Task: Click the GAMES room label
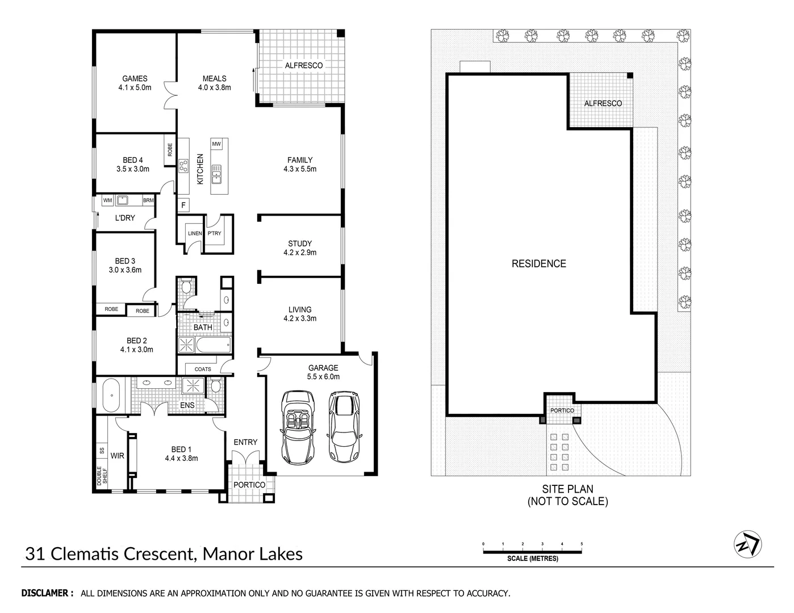pos(135,79)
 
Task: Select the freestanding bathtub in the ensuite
pos(112,396)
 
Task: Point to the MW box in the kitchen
pos(216,144)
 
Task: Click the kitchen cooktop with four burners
pos(183,166)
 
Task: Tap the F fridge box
pos(183,205)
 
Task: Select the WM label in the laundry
pos(108,200)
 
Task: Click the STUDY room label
pos(299,243)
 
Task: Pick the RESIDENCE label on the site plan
pos(538,263)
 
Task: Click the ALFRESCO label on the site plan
pos(603,103)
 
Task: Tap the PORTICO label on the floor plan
pos(249,485)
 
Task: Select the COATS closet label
pos(203,369)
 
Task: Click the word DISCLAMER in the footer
pos(47,593)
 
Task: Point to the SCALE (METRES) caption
pos(532,559)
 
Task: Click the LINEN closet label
pos(194,233)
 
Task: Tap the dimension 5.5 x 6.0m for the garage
pos(323,376)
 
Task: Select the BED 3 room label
pos(125,261)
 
